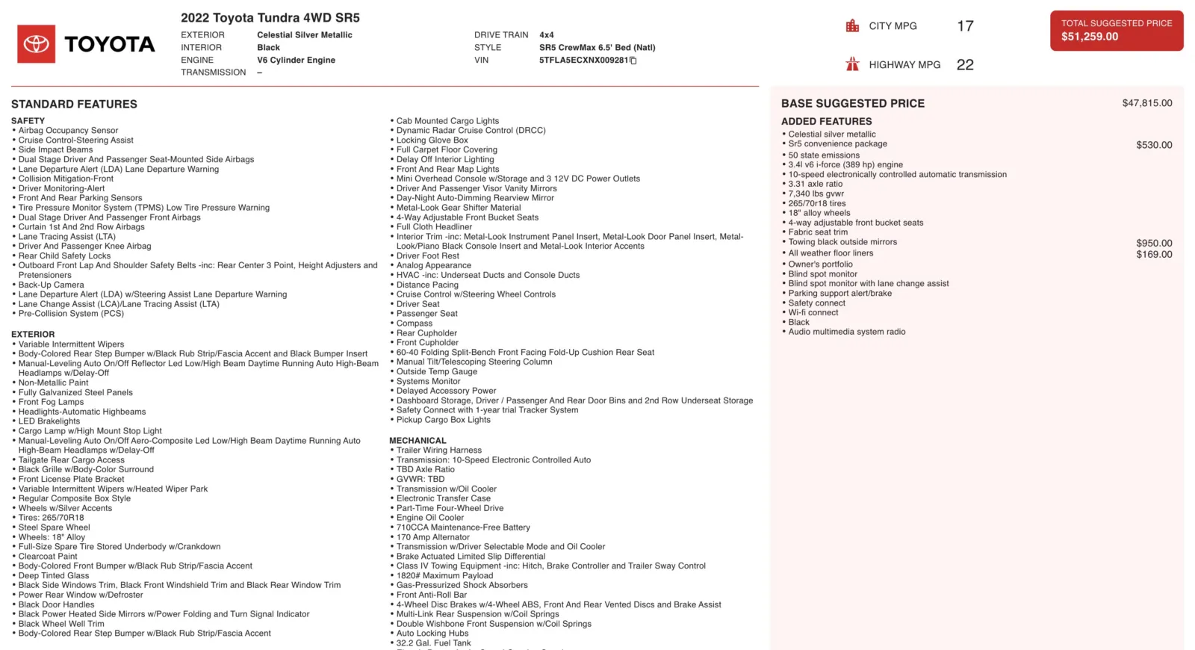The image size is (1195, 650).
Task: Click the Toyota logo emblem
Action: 36,44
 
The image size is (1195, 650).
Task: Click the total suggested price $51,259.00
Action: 1090,37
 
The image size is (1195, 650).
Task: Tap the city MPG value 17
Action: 965,26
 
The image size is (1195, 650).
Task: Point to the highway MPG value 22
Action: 965,65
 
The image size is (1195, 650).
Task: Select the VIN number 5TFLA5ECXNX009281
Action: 583,61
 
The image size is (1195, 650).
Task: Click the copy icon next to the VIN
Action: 633,61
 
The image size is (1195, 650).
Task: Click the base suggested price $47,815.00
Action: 1146,103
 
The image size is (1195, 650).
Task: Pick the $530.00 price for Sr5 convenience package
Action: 1154,145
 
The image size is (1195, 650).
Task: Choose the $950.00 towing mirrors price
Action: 1154,243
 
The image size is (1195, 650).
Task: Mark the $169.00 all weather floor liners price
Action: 1154,254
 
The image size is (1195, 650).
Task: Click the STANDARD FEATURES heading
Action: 74,105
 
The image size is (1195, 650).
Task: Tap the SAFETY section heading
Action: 28,121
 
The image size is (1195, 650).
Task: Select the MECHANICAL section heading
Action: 418,441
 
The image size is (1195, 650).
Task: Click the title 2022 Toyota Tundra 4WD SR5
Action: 270,18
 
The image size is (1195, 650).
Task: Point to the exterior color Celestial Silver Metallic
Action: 305,35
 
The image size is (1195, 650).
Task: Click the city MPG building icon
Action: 852,26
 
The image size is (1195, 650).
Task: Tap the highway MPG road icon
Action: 852,64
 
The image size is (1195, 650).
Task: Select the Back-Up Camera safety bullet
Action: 51,285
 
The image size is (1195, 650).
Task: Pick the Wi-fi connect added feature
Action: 813,313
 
